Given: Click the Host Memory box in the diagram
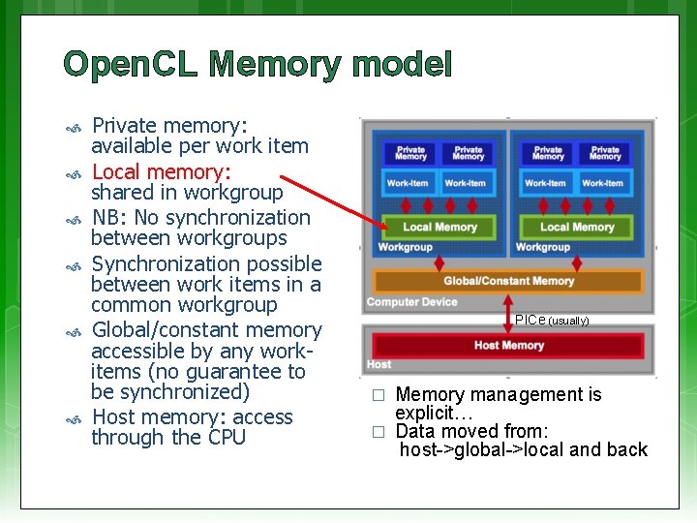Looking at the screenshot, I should [x=508, y=346].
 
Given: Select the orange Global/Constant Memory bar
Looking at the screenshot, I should [x=508, y=281].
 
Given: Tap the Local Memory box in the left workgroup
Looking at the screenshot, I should [x=439, y=227].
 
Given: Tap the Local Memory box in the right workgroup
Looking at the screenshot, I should [x=577, y=227].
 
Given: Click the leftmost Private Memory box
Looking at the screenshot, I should [x=410, y=153].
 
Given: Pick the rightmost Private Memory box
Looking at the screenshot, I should [x=605, y=153].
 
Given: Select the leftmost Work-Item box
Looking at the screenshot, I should [x=408, y=183].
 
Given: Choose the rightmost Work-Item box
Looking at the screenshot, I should [x=602, y=183].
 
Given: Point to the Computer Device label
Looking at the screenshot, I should [x=411, y=302].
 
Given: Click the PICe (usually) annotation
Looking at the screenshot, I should [x=552, y=320].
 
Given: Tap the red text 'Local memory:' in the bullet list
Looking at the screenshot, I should [x=161, y=172].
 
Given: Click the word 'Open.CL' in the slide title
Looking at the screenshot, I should [x=131, y=65].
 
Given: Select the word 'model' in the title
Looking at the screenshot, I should [x=402, y=65].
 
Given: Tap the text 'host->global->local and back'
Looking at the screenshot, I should [x=523, y=449].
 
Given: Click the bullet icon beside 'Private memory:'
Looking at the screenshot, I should [x=72, y=127].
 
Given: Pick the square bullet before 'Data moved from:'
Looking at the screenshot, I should [x=379, y=432].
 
